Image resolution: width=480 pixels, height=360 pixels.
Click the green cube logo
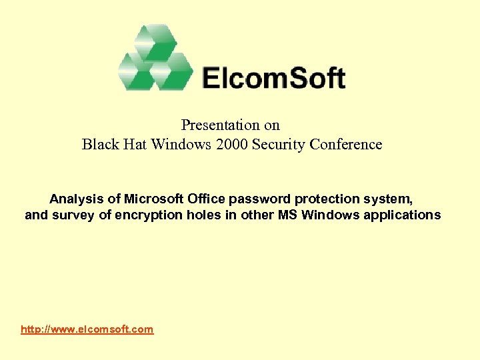(x=154, y=59)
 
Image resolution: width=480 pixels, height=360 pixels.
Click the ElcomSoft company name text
(x=273, y=78)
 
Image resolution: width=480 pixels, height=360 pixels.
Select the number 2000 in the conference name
(x=231, y=145)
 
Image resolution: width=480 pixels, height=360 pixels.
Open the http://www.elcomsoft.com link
(x=87, y=329)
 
